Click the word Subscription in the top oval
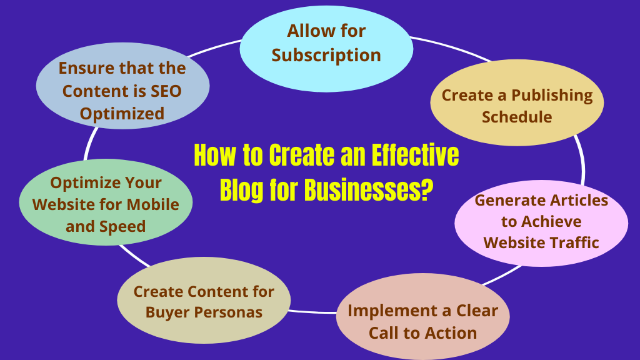coord(326,55)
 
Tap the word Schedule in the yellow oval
coord(517,117)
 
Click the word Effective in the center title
coord(412,155)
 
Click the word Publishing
coord(552,96)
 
